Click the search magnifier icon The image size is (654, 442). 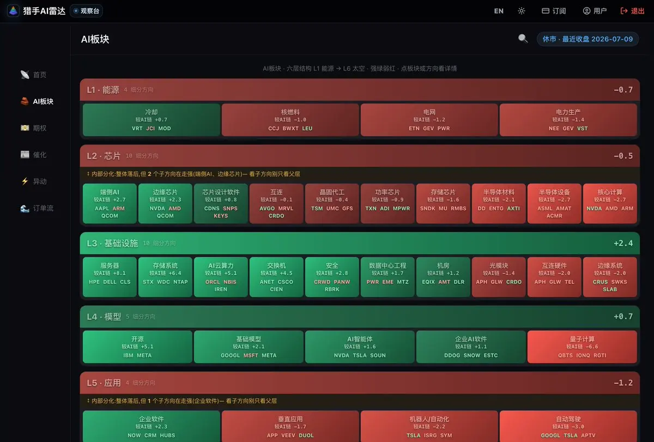523,39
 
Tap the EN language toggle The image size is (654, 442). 499,11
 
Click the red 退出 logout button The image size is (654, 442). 632,11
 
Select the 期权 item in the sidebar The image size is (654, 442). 34,128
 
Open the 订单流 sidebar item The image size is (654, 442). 37,208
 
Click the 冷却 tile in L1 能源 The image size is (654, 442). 152,120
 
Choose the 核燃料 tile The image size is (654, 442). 290,120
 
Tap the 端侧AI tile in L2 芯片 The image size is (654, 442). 110,203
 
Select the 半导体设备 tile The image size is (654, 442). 554,203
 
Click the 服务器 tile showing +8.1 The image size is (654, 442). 110,277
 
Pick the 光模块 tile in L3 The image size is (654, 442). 499,277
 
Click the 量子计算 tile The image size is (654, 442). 582,347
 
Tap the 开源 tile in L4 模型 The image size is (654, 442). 137,347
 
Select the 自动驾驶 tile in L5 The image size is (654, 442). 568,427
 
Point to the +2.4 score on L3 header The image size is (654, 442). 623,243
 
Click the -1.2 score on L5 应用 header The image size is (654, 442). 623,383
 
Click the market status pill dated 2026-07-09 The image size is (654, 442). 588,39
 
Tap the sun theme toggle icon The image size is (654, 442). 522,11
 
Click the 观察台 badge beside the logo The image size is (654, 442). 87,11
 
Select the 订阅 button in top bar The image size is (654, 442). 554,11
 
